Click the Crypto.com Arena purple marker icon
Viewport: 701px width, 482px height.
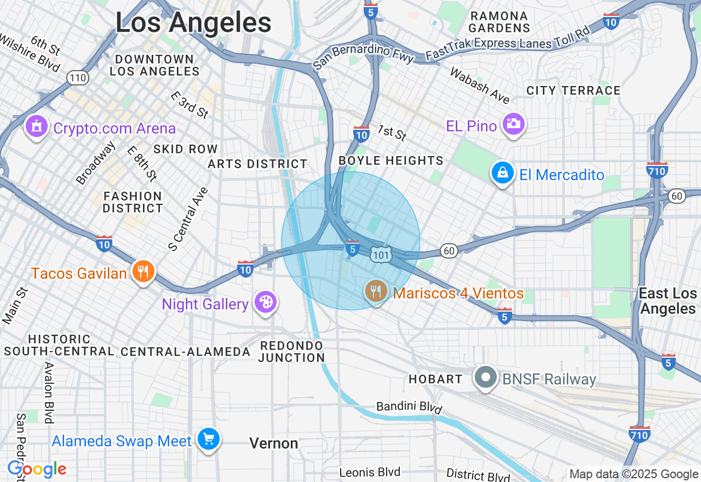37,127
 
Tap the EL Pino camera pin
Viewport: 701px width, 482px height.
513,124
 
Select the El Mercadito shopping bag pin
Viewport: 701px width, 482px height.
502,173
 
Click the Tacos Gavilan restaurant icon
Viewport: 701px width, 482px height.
143,271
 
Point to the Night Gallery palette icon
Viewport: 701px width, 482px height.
266,302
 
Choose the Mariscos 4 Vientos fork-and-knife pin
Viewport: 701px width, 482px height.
376,291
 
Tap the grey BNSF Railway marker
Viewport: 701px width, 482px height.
485,378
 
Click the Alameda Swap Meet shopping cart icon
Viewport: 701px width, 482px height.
208,439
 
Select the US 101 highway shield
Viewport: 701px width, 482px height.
380,254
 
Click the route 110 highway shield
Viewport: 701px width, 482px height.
78,78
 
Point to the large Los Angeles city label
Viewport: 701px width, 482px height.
193,23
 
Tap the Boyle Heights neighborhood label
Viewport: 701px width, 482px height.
391,160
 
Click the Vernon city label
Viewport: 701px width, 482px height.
274,443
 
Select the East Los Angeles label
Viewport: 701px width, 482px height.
668,301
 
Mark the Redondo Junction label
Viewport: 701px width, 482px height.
292,352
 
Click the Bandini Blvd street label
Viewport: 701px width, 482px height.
409,407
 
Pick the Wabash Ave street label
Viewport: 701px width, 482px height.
479,85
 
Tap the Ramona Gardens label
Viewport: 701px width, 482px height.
499,22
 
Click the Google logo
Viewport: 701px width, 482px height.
37,469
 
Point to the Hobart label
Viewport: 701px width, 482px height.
435,379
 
